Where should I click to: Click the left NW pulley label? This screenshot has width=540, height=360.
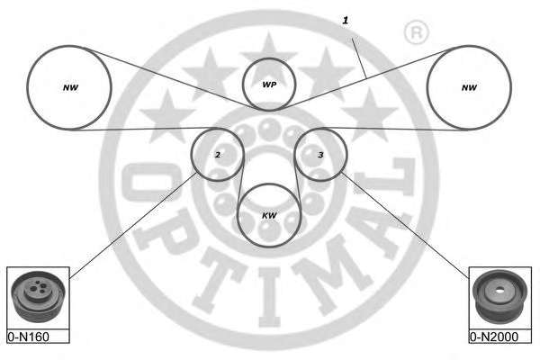click(x=69, y=87)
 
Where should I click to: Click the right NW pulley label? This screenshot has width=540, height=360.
click(x=468, y=87)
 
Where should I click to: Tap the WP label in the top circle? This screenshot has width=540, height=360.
click(x=269, y=85)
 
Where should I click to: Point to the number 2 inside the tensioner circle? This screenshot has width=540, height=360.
click(x=218, y=155)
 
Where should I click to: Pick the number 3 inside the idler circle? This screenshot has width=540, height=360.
click(x=320, y=155)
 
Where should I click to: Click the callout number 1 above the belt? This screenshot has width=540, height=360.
click(x=344, y=19)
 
